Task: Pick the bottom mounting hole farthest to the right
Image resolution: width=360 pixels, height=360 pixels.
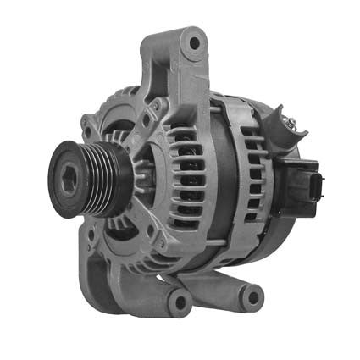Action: tap(251, 296)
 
